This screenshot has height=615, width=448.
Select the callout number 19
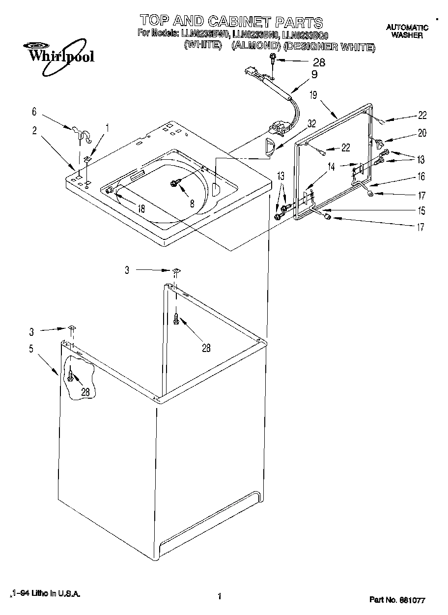313,95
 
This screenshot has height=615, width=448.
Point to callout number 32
311,124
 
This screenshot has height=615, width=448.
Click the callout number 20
422,133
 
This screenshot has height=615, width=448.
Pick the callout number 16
421,177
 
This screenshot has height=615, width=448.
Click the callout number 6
34,112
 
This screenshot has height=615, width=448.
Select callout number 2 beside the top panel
34,130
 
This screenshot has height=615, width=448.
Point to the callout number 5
31,349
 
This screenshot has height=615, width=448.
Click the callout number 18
141,208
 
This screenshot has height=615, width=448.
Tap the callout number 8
192,203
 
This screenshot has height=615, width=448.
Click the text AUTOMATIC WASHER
407,31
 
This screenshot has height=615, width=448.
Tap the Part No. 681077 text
396,600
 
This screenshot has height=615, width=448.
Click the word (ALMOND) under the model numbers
255,47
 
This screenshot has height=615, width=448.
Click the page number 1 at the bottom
219,597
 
